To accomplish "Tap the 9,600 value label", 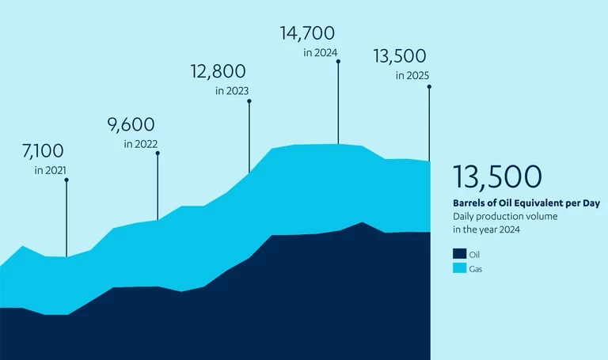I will tap(131, 124).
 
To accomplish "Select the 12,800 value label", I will tap(218, 72).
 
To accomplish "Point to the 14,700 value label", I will tap(308, 33).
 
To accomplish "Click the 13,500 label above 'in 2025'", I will tap(400, 56).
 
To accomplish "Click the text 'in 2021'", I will tap(50, 170).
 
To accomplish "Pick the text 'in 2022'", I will tap(140, 144).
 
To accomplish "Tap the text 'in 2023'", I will tap(232, 91).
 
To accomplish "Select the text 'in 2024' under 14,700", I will tap(321, 53).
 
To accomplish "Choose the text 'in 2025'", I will tap(412, 76).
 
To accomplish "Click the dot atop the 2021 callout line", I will tap(66, 180).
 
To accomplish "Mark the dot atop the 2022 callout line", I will tap(158, 153).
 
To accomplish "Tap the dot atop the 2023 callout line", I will tap(249, 100).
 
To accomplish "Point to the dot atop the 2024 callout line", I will tap(339, 62).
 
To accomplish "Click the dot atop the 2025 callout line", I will tap(429, 86).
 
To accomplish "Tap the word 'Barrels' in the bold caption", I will tap(469, 203).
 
